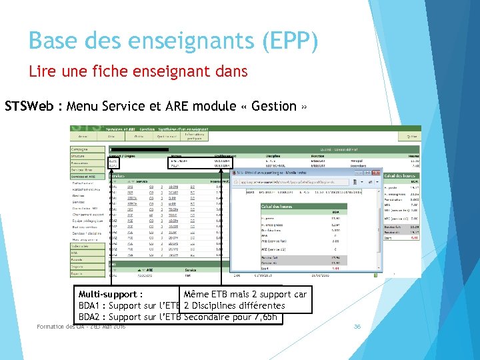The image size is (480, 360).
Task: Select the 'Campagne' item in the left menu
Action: tap(81, 149)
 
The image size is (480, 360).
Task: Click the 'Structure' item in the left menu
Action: tap(80, 156)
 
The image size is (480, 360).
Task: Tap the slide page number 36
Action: tap(357, 326)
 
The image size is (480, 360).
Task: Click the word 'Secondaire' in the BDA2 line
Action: tap(207, 317)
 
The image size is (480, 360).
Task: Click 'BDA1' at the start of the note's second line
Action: tap(89, 306)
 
